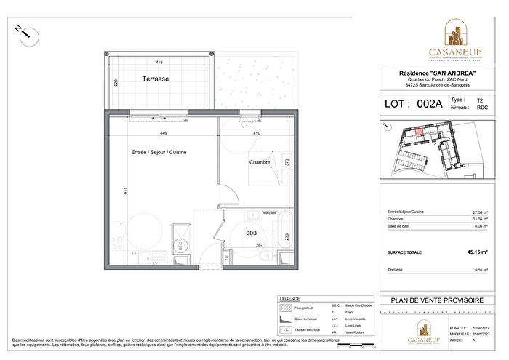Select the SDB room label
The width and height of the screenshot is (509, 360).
pos(250,233)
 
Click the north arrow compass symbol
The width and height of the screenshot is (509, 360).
pos(23,30)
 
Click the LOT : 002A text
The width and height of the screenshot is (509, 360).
pos(413,104)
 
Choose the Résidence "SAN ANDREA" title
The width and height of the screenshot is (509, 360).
pos(438,73)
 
